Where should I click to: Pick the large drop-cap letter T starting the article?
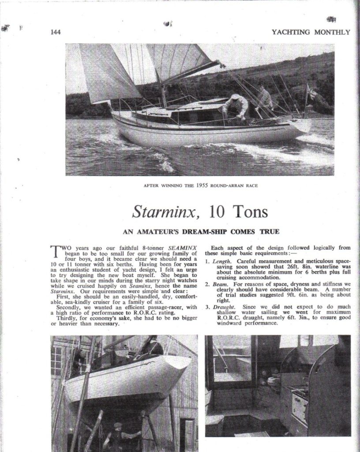tap(56, 252)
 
